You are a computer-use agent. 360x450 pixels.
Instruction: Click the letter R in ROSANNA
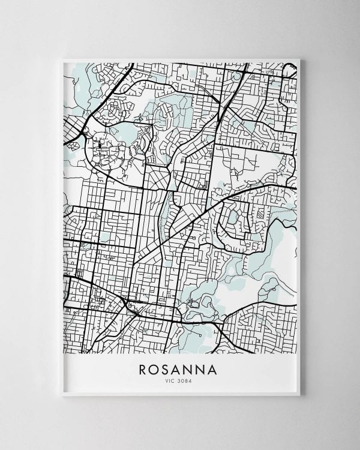pos(143,368)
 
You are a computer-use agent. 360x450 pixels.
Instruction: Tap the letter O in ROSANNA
pos(155,368)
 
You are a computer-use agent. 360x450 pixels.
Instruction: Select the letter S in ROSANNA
pos(167,368)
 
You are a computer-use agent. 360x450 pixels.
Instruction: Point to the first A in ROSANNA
pos(178,368)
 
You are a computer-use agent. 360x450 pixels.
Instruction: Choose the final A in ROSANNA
pos(218,368)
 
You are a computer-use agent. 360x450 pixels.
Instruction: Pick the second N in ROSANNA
pos(205,368)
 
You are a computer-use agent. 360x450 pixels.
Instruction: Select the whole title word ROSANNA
pos(180,368)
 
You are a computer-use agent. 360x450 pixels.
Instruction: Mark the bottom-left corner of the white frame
pos(61,396)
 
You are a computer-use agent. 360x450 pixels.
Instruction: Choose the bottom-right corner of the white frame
pos(300,396)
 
